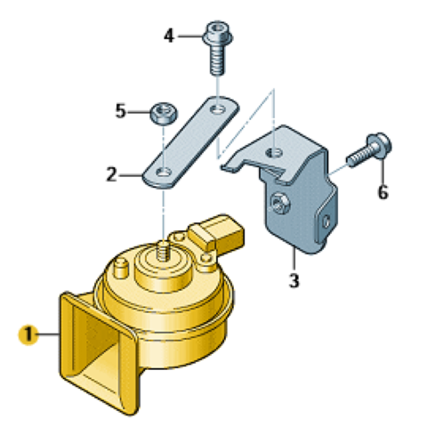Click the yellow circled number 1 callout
point(28,334)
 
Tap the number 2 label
point(111,174)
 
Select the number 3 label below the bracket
point(294,280)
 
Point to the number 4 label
point(169,36)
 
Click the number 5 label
point(120,111)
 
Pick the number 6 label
point(383,192)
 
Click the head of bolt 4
point(218,34)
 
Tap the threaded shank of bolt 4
point(218,60)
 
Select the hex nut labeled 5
point(164,114)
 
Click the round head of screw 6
point(379,146)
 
